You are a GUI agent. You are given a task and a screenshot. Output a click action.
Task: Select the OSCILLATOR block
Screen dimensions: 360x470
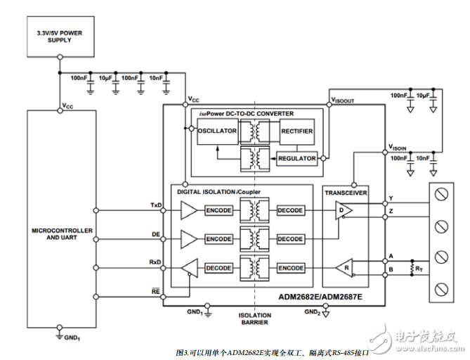[217, 131]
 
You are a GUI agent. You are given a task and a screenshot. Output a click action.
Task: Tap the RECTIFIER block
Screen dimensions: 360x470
[296, 131]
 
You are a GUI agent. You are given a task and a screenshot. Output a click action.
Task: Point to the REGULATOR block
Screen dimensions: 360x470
[297, 158]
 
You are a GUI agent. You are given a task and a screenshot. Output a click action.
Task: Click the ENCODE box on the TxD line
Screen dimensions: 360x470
[218, 210]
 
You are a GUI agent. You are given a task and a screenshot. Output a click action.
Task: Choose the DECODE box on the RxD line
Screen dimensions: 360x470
[218, 268]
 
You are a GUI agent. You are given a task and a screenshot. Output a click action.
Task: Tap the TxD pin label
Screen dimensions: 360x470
[156, 205]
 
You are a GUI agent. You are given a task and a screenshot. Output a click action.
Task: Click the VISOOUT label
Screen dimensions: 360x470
[342, 101]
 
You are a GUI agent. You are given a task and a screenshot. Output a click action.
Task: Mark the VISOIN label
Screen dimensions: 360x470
[398, 148]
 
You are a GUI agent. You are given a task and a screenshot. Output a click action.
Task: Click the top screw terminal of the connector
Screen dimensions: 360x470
[443, 194]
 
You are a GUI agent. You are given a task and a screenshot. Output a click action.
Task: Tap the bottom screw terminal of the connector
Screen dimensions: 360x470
[443, 288]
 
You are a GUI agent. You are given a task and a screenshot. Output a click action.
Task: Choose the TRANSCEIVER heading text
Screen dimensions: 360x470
[347, 191]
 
